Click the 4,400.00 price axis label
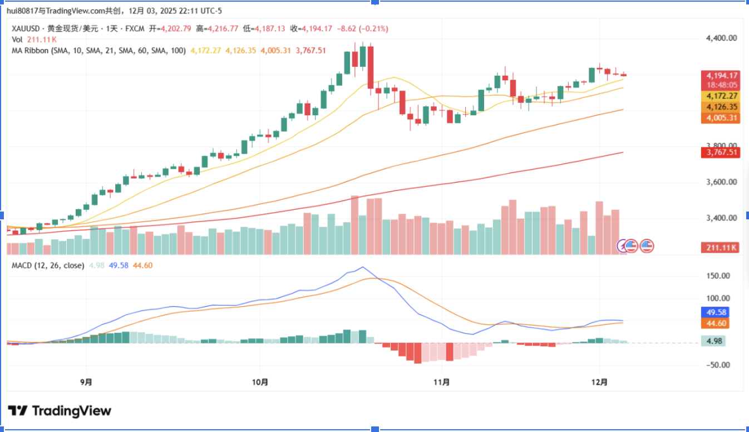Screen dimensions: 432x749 [x=721, y=38]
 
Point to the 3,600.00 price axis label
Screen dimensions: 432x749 [x=721, y=182]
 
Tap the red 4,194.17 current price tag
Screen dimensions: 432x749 [x=722, y=76]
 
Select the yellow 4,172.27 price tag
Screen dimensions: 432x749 [x=722, y=96]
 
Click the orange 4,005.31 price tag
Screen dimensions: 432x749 [x=722, y=118]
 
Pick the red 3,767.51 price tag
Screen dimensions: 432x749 [x=722, y=153]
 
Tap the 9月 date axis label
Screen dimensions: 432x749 [x=86, y=382]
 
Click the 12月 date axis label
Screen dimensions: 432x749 [x=599, y=382]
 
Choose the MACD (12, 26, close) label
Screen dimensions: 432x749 [x=48, y=266]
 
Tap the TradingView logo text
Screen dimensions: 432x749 [x=71, y=411]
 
